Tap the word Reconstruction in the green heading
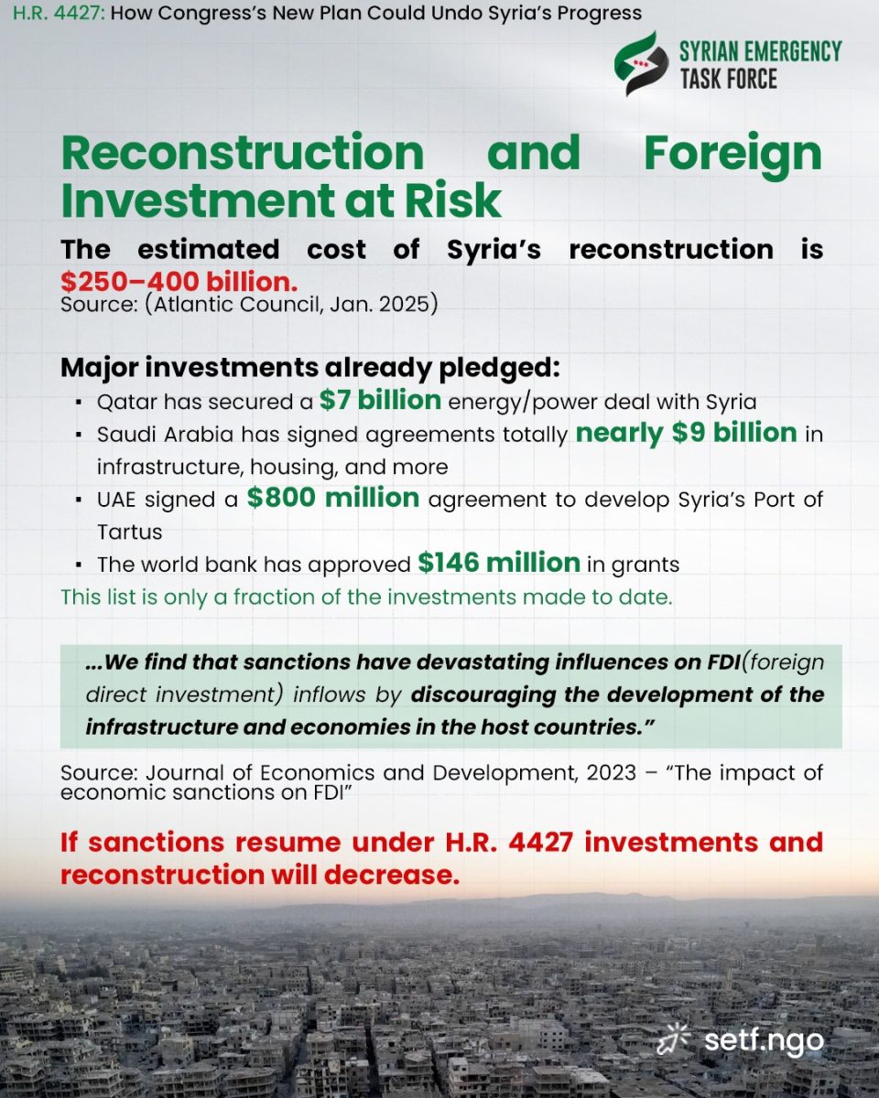click(243, 152)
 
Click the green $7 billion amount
click(381, 400)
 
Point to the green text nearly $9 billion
click(686, 432)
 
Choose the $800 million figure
click(333, 498)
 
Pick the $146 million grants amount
click(499, 563)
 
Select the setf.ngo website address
click(764, 1040)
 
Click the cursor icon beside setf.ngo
click(676, 1039)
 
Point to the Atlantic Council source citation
click(249, 304)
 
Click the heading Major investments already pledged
click(309, 368)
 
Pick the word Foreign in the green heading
click(732, 152)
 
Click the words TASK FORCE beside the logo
click(728, 79)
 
